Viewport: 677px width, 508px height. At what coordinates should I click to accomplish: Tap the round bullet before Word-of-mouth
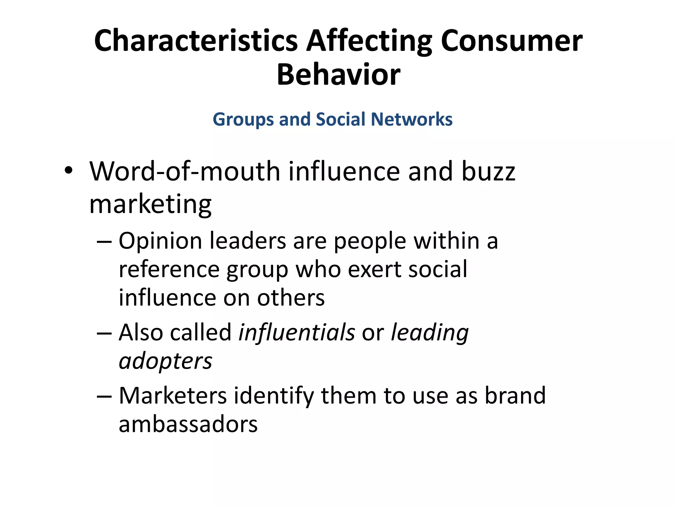[x=68, y=171]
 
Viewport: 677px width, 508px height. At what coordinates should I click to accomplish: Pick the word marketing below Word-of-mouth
[x=150, y=205]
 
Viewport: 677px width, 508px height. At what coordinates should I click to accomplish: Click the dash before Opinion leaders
[x=104, y=242]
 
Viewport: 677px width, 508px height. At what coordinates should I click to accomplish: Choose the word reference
[x=169, y=269]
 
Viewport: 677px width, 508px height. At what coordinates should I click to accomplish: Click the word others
[x=291, y=298]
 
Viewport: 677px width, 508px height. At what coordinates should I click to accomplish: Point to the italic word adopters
[x=165, y=361]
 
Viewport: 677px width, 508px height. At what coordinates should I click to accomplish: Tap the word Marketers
[x=173, y=396]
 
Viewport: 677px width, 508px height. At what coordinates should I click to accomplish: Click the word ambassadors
[x=188, y=424]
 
